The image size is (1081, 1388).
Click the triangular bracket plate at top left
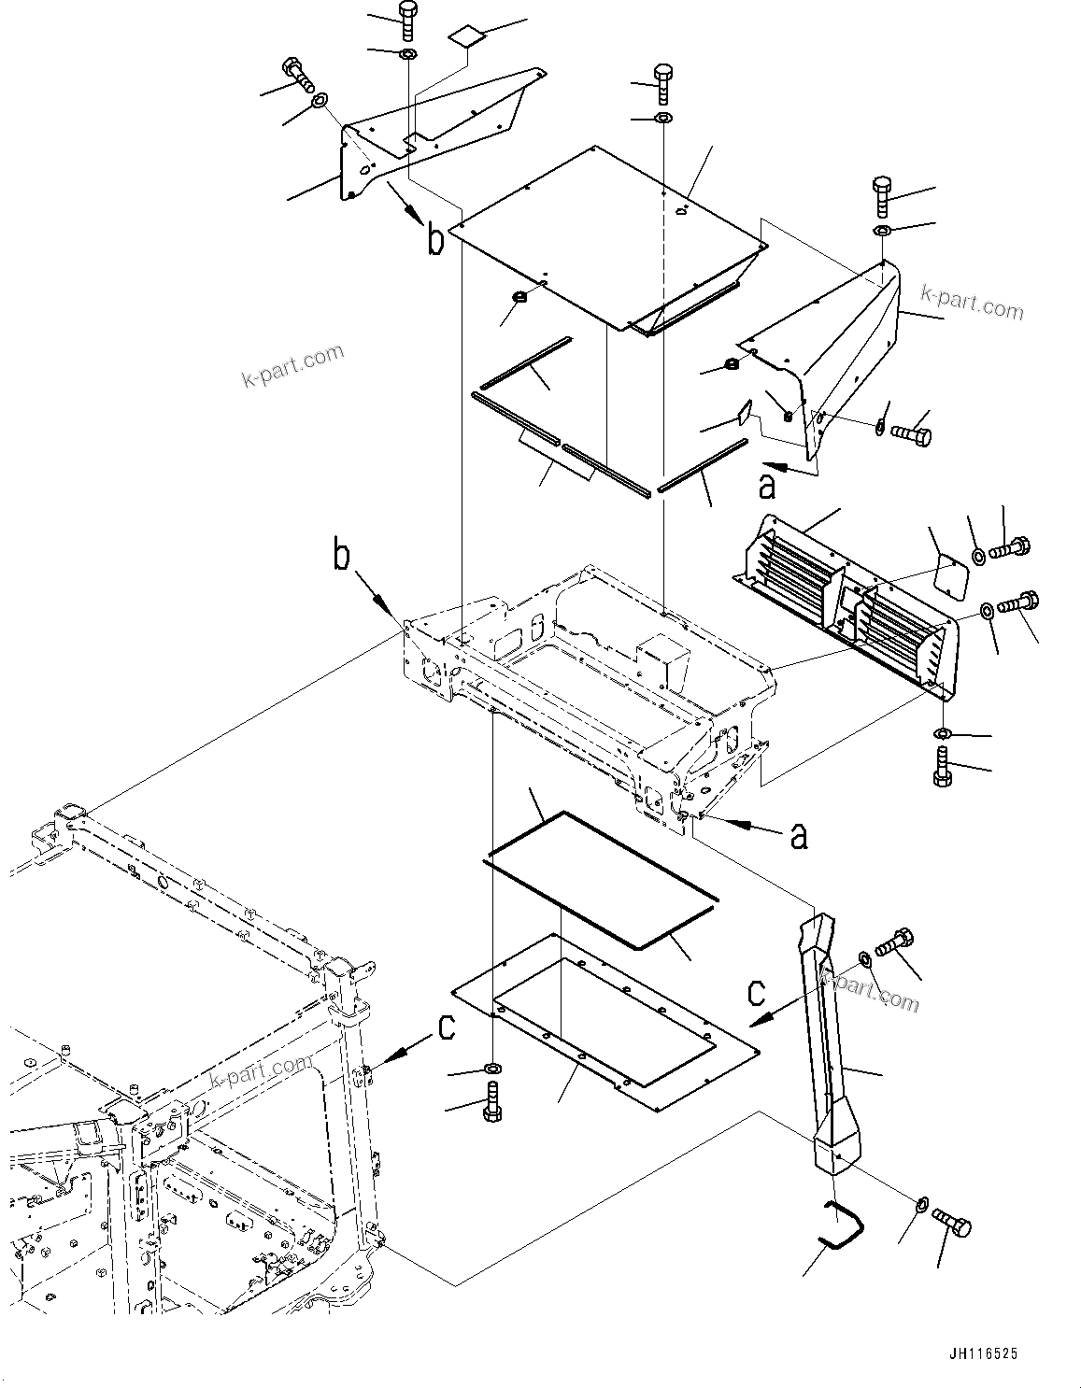coord(431,136)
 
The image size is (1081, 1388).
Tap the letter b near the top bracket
coord(435,239)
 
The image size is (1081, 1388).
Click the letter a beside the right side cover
coord(767,485)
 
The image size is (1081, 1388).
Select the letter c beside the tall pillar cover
coord(758,990)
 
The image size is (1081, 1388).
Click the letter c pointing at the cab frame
coord(447,1027)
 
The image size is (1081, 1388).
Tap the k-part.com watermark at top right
coord(972,302)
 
